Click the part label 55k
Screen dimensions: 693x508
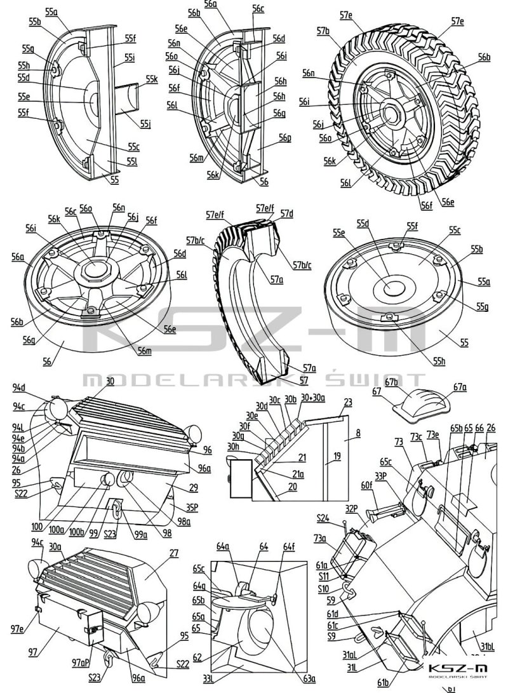coord(151,79)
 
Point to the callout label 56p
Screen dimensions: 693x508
coord(283,138)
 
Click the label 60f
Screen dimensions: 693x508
coord(366,485)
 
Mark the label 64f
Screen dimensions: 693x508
coord(289,546)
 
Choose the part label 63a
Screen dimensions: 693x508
coord(309,679)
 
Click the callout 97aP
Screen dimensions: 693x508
coord(81,662)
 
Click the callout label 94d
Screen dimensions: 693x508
coord(37,387)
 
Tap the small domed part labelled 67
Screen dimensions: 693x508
coord(419,404)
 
